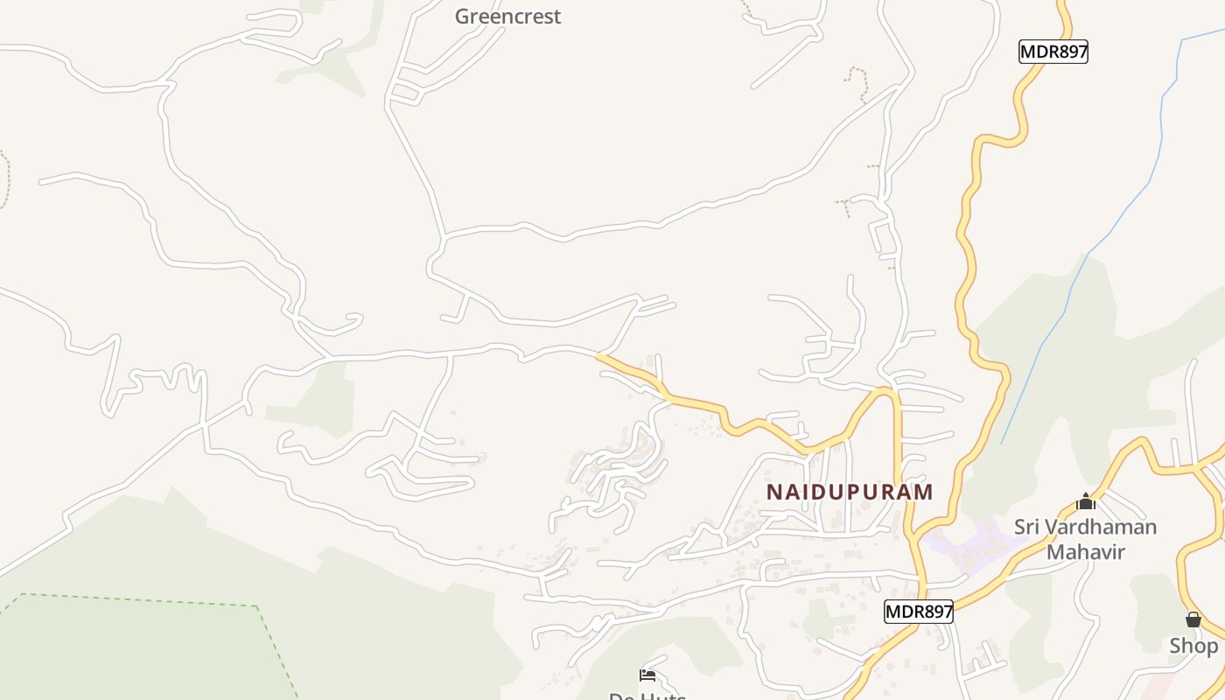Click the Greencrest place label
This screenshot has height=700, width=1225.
tap(507, 17)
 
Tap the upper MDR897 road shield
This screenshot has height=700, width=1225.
tap(1053, 52)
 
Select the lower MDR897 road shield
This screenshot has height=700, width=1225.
tap(918, 612)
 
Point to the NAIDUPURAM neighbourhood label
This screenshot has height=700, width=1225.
tap(850, 492)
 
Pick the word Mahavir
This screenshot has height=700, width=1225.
tap(1086, 552)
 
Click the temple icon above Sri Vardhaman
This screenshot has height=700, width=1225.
tap(1086, 501)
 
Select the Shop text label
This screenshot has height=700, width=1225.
tap(1193, 646)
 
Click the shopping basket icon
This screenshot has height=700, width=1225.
tap(1193, 619)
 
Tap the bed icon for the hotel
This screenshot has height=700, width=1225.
tap(647, 675)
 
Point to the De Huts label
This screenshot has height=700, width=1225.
tap(647, 696)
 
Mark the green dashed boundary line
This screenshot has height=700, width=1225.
tap(140, 600)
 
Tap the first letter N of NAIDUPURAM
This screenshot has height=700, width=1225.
tap(774, 492)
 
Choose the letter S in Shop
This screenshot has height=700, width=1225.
tap(1177, 646)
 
